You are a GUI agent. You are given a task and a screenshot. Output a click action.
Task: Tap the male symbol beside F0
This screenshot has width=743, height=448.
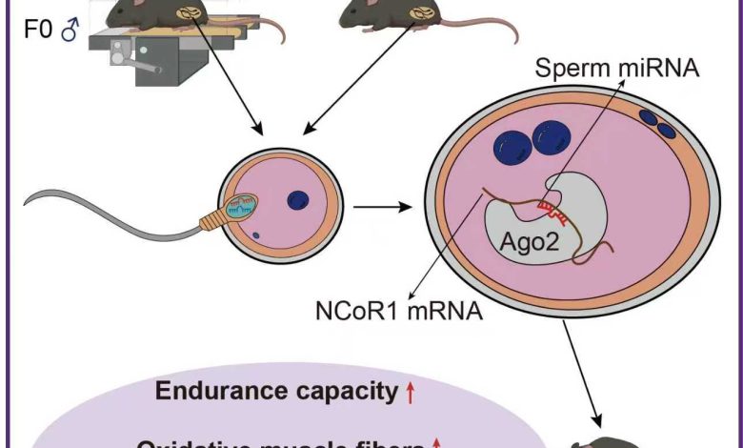click(x=68, y=33)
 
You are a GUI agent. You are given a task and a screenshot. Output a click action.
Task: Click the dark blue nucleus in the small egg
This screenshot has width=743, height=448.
click(x=299, y=199)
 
